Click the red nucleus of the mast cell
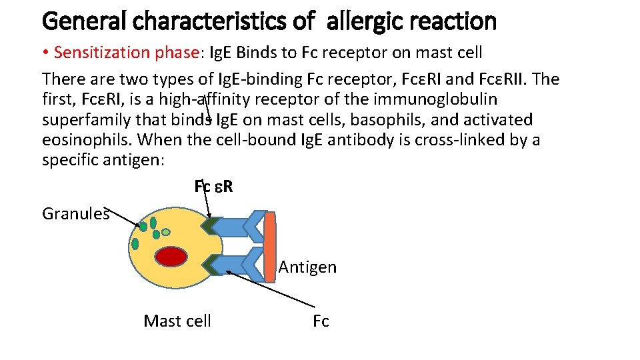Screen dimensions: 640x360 [x=172, y=257]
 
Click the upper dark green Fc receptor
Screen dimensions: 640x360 [x=212, y=226]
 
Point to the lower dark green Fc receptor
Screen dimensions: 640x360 [x=212, y=265]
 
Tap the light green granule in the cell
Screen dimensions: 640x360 [x=166, y=232]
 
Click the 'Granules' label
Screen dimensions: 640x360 [x=75, y=213]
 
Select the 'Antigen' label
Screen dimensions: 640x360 [x=307, y=267]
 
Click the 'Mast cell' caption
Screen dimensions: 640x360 [x=177, y=321]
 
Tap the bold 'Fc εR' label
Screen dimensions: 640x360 [x=213, y=187]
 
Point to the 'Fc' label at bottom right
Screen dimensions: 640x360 [x=321, y=321]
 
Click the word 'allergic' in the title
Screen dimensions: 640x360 [x=365, y=22]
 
